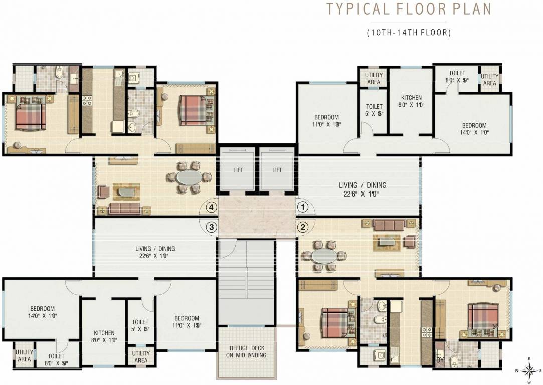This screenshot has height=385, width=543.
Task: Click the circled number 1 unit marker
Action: (x=302, y=206)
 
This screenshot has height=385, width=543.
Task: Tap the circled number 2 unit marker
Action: (x=302, y=227)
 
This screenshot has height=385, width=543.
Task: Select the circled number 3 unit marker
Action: (x=212, y=227)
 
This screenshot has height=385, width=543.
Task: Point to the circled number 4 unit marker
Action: (x=212, y=207)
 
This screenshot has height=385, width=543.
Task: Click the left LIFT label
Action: (x=238, y=170)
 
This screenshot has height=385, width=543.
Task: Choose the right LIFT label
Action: (x=277, y=170)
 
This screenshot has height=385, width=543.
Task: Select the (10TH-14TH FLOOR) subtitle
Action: (x=409, y=33)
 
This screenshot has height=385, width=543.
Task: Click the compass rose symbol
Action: (x=529, y=370)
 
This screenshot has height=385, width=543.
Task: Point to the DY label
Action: (x=440, y=359)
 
